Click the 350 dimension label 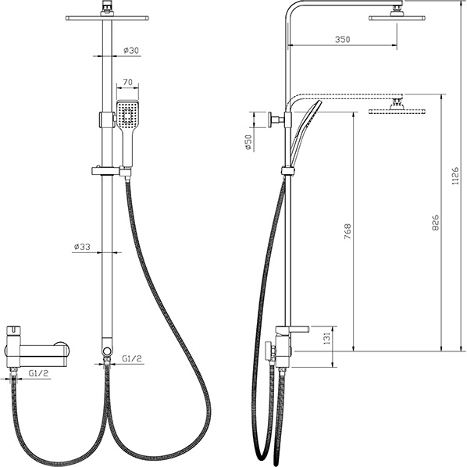point(342,39)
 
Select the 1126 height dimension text point(456,176)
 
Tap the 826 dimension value point(435,223)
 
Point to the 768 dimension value point(348,231)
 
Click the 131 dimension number point(327,339)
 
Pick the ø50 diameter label point(248,142)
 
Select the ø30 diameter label point(131,50)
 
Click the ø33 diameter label point(82,247)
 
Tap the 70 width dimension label point(128,82)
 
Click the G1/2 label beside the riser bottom point(132,358)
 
